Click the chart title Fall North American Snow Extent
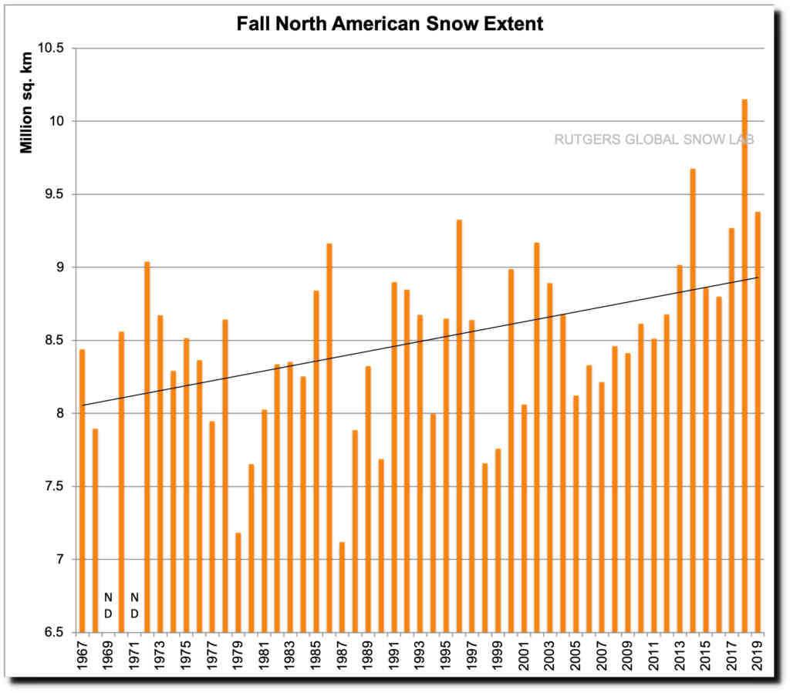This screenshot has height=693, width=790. [x=390, y=24]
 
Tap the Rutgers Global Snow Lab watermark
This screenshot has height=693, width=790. [x=654, y=140]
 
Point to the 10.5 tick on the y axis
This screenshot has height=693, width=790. [x=53, y=49]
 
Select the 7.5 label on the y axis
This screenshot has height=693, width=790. [x=56, y=486]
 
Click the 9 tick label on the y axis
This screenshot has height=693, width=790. [x=60, y=267]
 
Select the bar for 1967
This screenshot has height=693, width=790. [x=83, y=490]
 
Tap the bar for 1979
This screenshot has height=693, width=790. [x=238, y=582]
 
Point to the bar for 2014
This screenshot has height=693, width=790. [x=693, y=400]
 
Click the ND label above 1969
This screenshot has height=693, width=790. [x=108, y=604]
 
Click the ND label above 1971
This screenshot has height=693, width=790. [x=134, y=604]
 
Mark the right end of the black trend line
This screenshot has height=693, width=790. [x=758, y=278]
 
